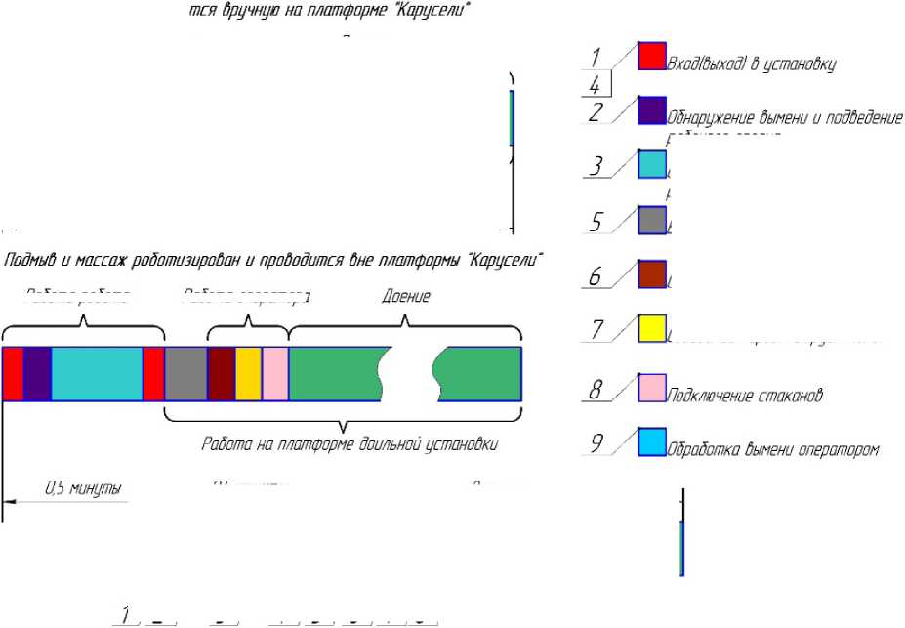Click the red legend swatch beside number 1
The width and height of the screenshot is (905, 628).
652,56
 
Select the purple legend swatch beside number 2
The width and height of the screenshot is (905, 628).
652,110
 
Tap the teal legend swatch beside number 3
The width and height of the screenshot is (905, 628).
652,164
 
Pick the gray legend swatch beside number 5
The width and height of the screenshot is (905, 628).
652,221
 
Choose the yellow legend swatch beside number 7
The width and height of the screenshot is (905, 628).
652,329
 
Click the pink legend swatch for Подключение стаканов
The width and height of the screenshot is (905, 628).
652,388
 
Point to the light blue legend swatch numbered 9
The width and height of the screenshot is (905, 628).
652,441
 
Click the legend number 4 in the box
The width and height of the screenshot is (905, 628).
595,85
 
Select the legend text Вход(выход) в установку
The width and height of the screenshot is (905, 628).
752,64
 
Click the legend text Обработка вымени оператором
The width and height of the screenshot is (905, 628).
773,450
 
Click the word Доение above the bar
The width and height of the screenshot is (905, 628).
406,294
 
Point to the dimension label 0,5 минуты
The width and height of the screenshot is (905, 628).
84,486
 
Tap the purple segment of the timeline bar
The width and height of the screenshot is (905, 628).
37,373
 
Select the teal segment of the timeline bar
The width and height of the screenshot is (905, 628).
97,373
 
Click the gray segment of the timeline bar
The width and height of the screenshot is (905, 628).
185,373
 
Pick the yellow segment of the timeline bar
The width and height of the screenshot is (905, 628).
248,373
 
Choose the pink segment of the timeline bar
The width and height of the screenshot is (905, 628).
275,373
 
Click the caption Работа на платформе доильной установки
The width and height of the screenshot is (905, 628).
350,445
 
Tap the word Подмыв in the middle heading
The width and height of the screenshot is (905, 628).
29,262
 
